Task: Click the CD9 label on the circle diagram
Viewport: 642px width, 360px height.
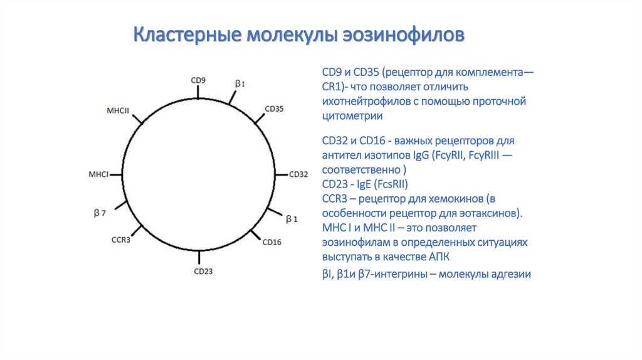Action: click(198, 80)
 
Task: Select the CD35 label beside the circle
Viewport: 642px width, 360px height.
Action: click(275, 109)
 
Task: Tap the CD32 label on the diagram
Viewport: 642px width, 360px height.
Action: click(298, 174)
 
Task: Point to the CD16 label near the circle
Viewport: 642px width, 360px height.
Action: click(272, 242)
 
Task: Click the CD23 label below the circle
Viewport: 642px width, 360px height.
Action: click(204, 271)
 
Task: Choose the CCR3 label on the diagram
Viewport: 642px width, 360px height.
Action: click(121, 240)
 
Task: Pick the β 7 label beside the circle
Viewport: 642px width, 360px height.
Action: click(100, 213)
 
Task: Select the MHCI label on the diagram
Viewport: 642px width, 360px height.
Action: click(98, 174)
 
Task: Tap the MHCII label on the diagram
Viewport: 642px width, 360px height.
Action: click(118, 110)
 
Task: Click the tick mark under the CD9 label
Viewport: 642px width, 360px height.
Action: click(198, 92)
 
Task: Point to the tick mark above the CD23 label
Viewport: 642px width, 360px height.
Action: click(199, 257)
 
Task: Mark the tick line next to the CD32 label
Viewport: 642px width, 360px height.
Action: click(282, 175)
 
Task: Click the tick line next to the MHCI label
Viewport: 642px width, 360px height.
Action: click(116, 175)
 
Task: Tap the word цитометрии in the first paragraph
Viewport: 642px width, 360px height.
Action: click(352, 116)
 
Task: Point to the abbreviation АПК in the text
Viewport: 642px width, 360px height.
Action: click(439, 257)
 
